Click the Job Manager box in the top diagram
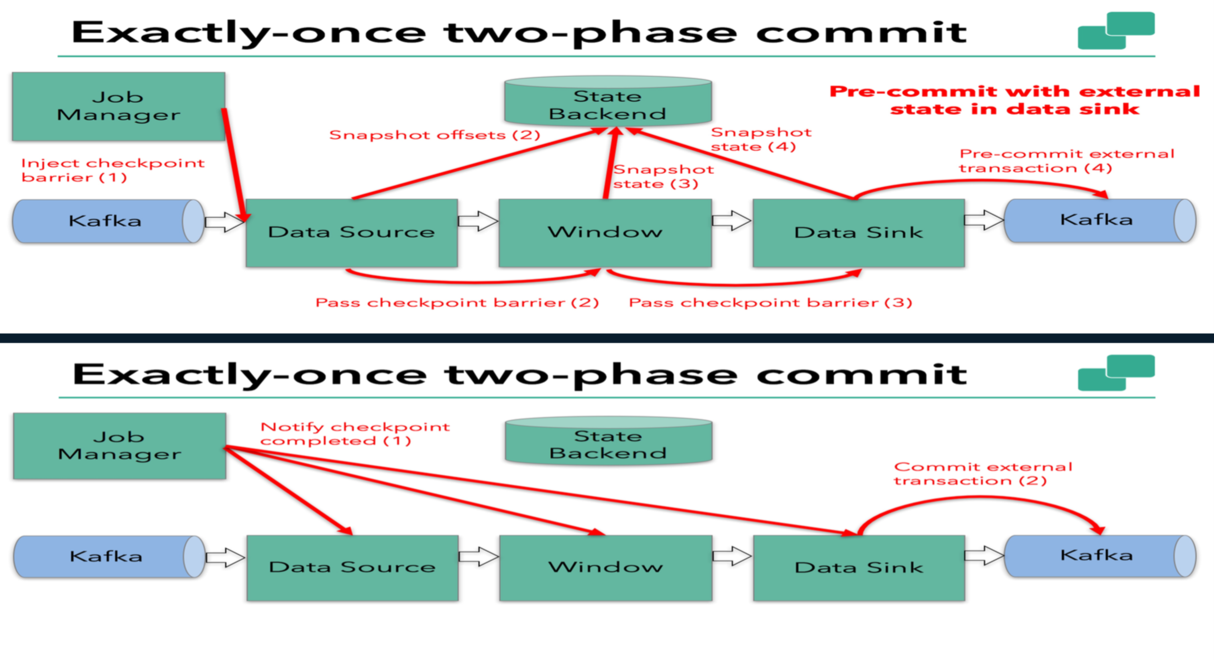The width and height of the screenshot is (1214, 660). (118, 106)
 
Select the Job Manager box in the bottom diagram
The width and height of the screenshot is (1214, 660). (119, 446)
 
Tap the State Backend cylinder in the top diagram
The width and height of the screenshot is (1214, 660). (607, 103)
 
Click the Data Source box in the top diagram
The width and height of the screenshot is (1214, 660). (352, 233)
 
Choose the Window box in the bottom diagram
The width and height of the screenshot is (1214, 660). (605, 567)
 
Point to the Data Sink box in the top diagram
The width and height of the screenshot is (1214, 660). (858, 233)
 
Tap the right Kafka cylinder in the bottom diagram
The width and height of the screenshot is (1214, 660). (1097, 555)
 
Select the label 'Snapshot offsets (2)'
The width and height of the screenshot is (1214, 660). (434, 135)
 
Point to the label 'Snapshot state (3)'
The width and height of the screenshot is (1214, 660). (663, 176)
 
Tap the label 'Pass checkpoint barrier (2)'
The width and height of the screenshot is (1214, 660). (457, 302)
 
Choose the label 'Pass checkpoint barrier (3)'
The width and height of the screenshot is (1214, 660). (770, 302)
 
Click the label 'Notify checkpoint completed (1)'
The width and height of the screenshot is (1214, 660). (355, 433)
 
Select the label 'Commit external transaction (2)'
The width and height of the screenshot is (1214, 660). (983, 474)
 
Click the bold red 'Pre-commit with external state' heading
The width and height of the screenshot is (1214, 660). (1014, 100)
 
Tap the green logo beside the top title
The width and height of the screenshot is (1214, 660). (1116, 30)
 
